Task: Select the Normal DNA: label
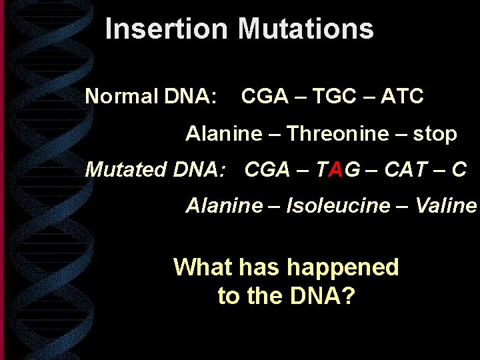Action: (151, 97)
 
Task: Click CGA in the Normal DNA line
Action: (265, 97)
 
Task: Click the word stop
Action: (435, 134)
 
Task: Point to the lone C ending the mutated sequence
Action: (459, 169)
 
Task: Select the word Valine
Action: (445, 205)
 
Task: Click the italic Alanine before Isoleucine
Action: (224, 205)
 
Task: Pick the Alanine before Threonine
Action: (224, 134)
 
